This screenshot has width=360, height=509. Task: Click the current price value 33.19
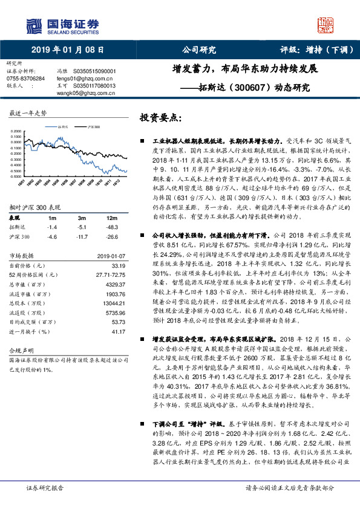(x=118, y=265)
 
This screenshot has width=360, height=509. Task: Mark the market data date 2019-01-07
(x=111, y=256)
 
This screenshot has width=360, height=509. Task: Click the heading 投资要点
(x=161, y=117)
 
